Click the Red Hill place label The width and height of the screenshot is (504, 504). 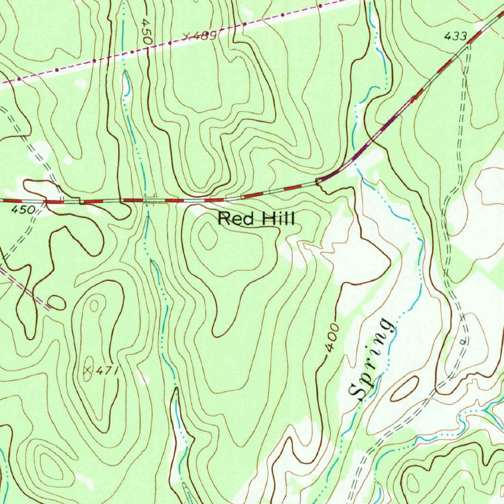[256, 218]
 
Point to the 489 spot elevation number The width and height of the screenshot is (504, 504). [207, 35]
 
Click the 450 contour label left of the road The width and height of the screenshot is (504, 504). [24, 210]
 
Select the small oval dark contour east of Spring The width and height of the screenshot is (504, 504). [405, 389]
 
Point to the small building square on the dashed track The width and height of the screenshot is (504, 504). [462, 340]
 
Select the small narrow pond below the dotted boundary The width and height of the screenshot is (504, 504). [127, 85]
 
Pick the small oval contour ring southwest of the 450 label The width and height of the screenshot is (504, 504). [57, 302]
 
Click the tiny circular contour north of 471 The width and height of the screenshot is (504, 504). [94, 306]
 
